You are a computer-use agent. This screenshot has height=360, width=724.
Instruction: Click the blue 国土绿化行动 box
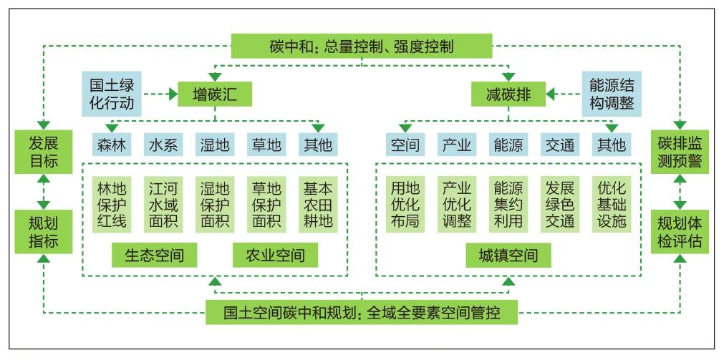(111, 94)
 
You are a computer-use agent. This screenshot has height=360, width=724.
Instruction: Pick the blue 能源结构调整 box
(612, 94)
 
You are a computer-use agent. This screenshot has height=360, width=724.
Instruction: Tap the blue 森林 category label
(111, 145)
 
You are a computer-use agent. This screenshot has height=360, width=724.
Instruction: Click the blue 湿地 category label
(214, 145)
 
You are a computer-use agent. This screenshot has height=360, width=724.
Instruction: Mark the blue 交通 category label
(559, 145)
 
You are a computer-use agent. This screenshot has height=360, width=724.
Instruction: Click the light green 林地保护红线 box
(111, 205)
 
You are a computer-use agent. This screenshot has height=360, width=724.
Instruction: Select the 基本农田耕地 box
(317, 205)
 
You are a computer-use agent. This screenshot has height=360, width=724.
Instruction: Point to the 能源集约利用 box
(508, 205)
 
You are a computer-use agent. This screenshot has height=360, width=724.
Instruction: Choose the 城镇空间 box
(508, 256)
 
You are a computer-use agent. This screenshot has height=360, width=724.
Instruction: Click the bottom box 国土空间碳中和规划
(362, 313)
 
